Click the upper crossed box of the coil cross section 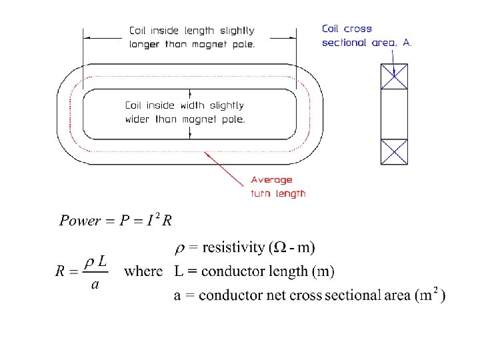(393, 77)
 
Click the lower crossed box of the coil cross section (393, 151)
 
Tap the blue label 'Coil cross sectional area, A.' (367, 35)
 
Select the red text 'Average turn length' (278, 187)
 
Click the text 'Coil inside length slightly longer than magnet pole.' (192, 37)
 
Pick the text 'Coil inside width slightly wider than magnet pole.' (185, 112)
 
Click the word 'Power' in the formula (80, 221)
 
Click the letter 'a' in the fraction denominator (95, 284)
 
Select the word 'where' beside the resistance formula (143, 271)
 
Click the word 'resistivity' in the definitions (233, 248)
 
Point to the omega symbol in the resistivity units (281, 248)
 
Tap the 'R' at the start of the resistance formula (61, 271)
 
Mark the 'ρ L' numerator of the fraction (96, 261)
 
